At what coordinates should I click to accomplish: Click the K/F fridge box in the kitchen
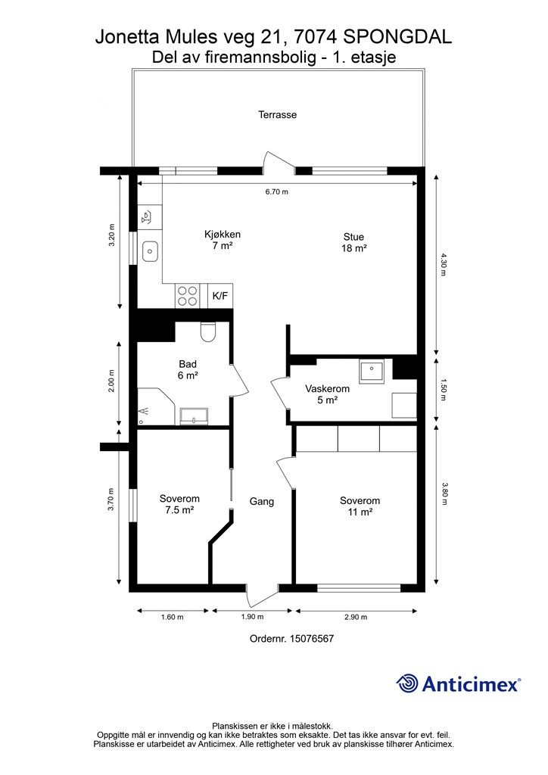(220, 296)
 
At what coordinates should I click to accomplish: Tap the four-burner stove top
(187, 296)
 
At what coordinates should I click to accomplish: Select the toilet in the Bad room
(208, 331)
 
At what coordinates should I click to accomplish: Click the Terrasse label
(278, 115)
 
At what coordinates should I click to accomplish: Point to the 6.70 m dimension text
(277, 191)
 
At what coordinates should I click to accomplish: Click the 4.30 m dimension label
(443, 264)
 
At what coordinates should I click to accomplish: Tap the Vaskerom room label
(327, 388)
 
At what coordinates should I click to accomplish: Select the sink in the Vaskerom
(372, 370)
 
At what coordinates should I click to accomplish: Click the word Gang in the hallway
(262, 501)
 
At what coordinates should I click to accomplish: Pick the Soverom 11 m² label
(360, 506)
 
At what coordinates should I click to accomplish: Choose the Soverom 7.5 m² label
(179, 504)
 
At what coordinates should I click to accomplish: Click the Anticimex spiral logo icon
(408, 684)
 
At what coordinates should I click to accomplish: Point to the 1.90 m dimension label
(253, 617)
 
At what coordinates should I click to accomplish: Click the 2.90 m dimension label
(357, 617)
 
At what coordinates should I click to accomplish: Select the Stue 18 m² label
(353, 242)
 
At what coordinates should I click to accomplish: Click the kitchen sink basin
(150, 251)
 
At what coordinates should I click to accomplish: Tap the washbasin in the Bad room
(195, 416)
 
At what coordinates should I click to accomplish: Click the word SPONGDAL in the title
(397, 37)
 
